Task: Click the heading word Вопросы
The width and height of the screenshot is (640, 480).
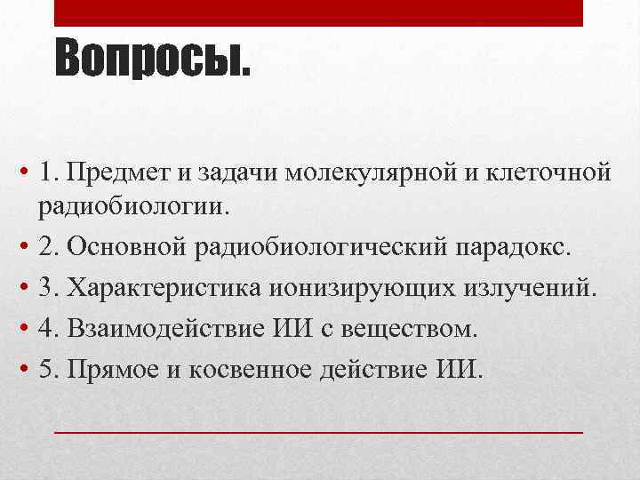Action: tap(153, 60)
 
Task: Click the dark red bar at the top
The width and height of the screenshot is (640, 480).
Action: tap(318, 13)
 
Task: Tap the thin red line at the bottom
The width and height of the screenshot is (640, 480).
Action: tap(318, 430)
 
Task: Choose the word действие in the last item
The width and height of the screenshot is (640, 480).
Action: tap(377, 369)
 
